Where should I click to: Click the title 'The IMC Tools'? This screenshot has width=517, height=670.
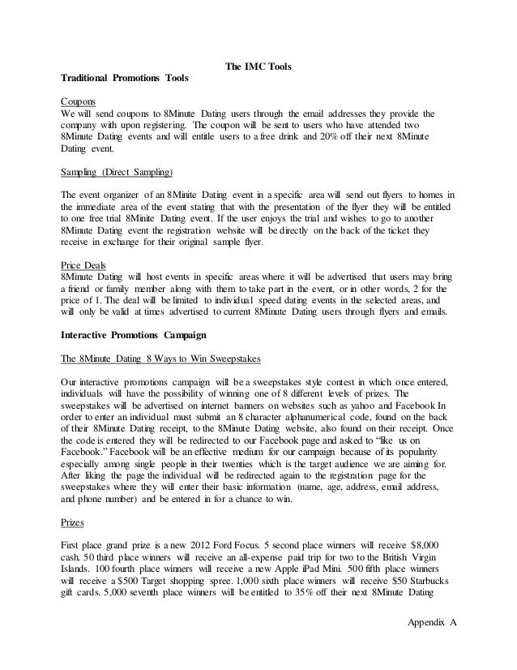[258, 66]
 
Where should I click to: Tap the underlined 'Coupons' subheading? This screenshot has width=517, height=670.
[79, 101]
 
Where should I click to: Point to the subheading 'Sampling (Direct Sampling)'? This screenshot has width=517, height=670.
[117, 172]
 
